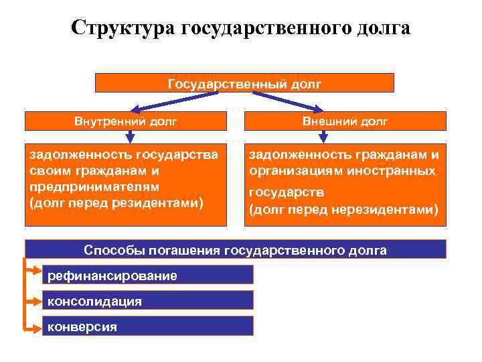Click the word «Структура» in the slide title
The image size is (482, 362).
pos(122,29)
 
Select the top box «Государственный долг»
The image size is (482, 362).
pos(244,83)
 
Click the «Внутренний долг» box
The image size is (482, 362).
pos(125,121)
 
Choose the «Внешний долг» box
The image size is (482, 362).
pos(345,121)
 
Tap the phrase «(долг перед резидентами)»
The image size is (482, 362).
pos(115,202)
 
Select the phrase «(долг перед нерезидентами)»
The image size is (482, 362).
pos(343,210)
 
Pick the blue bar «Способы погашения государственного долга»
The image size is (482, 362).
pos(235,250)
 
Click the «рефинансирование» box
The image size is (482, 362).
pos(147,275)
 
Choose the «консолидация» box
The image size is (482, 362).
pos(147,300)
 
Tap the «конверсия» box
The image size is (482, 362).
pos(147,326)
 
